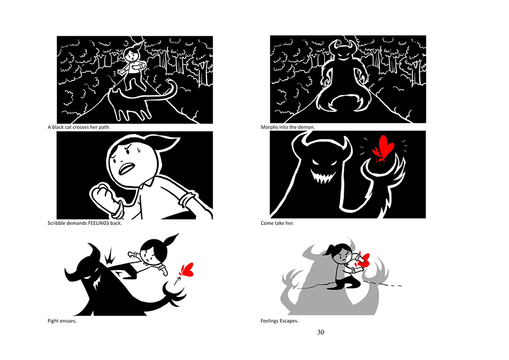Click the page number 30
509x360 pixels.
pyautogui.click(x=320, y=332)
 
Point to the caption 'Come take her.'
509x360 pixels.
pyautogui.click(x=277, y=223)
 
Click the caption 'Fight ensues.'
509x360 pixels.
pyautogui.click(x=62, y=321)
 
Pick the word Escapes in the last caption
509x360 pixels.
pyautogui.click(x=289, y=321)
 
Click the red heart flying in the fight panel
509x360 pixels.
pyautogui.click(x=187, y=269)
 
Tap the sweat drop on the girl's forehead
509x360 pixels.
pyautogui.click(x=138, y=150)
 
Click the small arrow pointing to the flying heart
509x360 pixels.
pyautogui.click(x=177, y=281)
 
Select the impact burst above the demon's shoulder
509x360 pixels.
pyautogui.click(x=110, y=256)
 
